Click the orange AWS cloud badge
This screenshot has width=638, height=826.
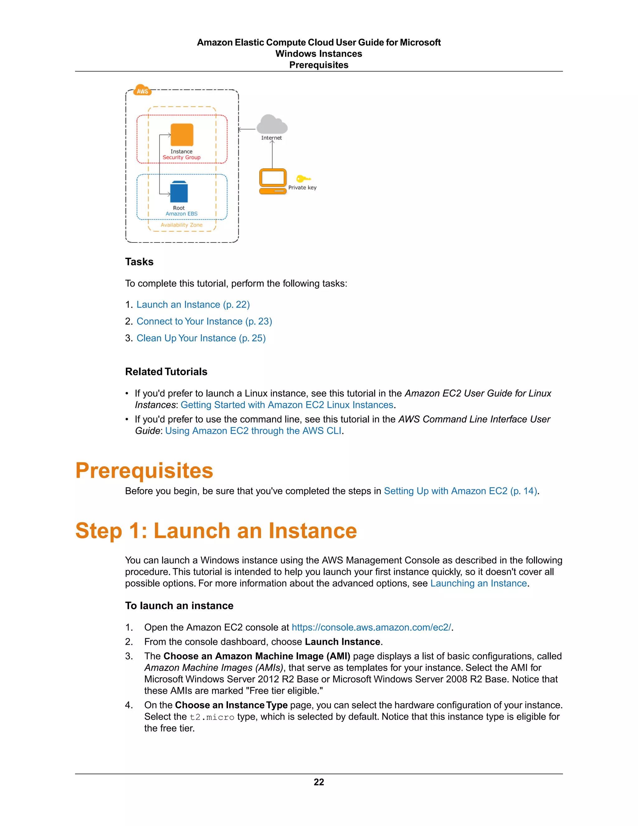pyautogui.click(x=142, y=90)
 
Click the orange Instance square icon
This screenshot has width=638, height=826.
pyautogui.click(x=182, y=135)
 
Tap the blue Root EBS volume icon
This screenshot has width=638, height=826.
pyautogui.click(x=179, y=192)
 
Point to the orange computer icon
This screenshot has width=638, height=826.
pyautogui.click(x=273, y=181)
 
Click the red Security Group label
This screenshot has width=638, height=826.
pyautogui.click(x=181, y=157)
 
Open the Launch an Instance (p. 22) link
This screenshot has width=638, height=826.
pyautogui.click(x=193, y=305)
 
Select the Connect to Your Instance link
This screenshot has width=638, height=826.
pyautogui.click(x=204, y=321)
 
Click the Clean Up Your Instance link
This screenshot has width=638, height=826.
pyautogui.click(x=201, y=338)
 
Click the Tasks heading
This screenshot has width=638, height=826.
pyautogui.click(x=139, y=262)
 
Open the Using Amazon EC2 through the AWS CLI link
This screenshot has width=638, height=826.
pyautogui.click(x=253, y=431)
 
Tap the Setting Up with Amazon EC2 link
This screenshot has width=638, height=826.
pyautogui.click(x=460, y=491)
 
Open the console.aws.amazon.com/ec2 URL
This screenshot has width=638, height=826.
pyautogui.click(x=371, y=627)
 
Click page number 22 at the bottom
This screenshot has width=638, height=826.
pyautogui.click(x=319, y=782)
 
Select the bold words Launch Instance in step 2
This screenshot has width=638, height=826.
pyautogui.click(x=342, y=642)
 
